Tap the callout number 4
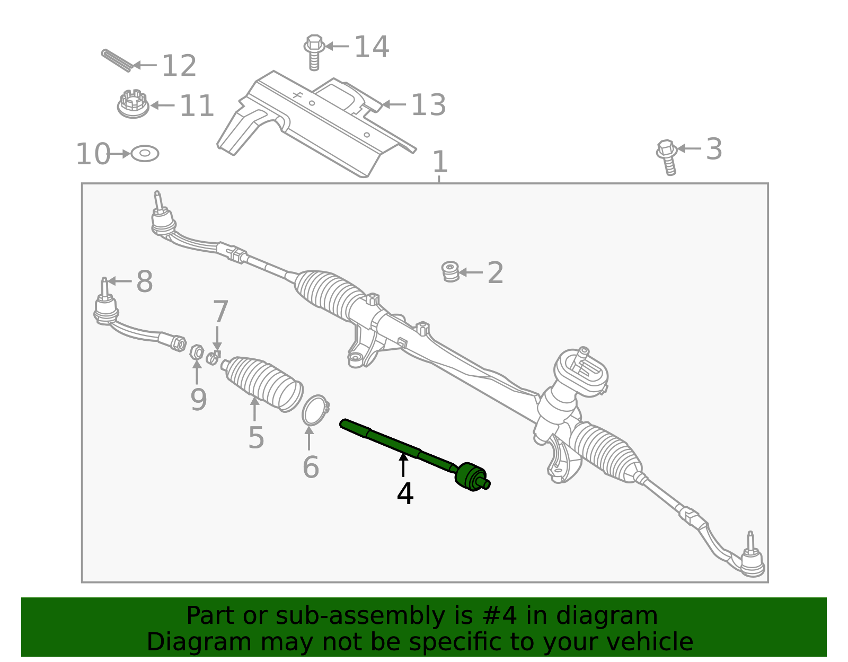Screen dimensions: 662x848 pyautogui.click(x=405, y=494)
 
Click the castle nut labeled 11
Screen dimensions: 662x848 pyautogui.click(x=132, y=104)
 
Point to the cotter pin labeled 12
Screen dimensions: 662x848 pyautogui.click(x=117, y=60)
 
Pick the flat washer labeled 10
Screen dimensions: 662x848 pyautogui.click(x=145, y=154)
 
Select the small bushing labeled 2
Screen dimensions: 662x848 pyautogui.click(x=450, y=271)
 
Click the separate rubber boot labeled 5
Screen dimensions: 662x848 pyautogui.click(x=262, y=383)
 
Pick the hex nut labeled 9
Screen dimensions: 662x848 pyautogui.click(x=197, y=351)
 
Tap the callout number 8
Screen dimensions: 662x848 pyautogui.click(x=144, y=281)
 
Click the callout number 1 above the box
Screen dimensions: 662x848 pyautogui.click(x=440, y=162)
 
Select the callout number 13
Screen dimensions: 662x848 pyautogui.click(x=428, y=105)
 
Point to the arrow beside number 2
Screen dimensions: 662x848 pyautogui.click(x=471, y=272)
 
